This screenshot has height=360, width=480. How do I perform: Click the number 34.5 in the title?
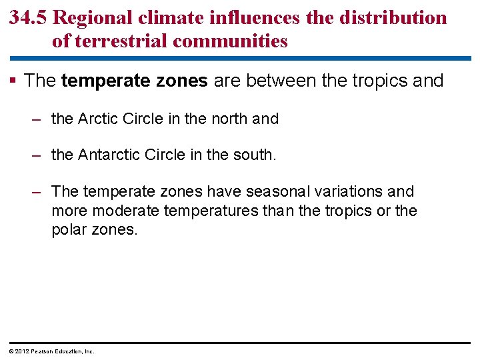click(28, 18)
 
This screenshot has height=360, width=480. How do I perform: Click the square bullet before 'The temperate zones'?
click(14, 81)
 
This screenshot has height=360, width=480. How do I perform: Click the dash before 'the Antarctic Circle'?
click(37, 155)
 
